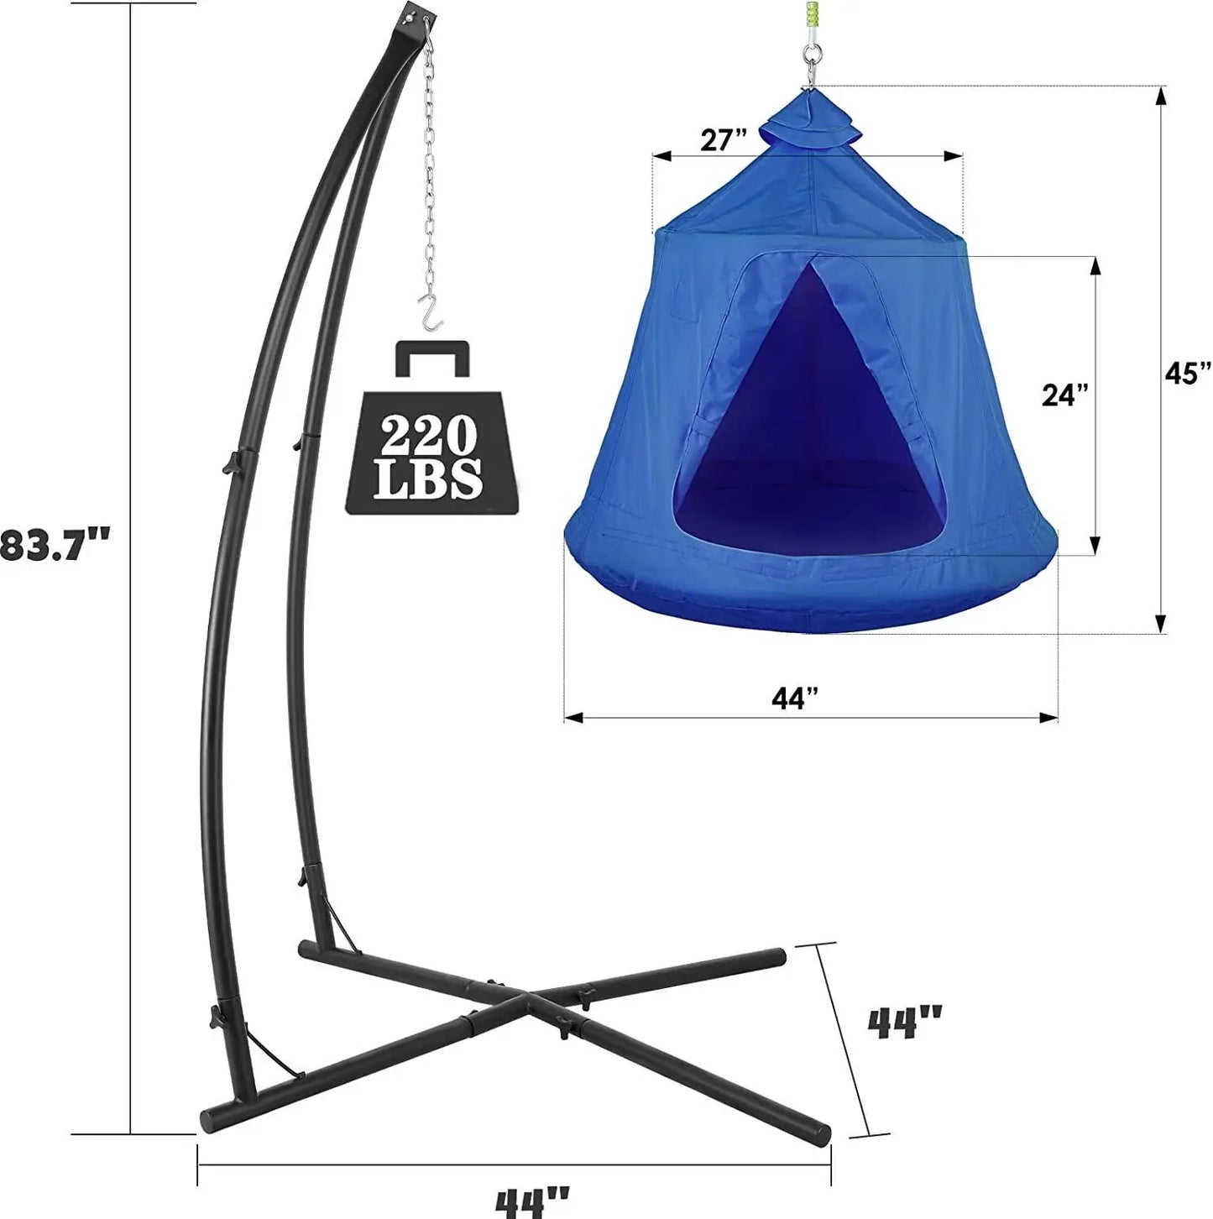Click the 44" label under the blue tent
795,697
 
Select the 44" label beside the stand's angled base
904,1023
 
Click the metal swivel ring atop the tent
810,63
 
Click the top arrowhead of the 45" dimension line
1161,97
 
